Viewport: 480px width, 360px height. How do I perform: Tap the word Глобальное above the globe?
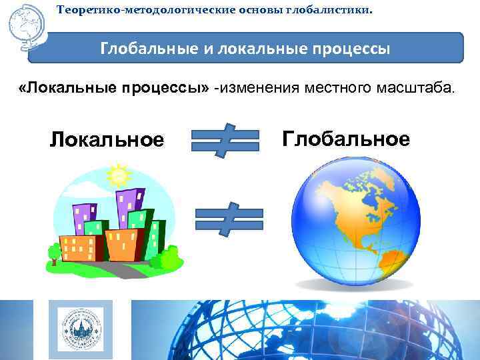coord(345,139)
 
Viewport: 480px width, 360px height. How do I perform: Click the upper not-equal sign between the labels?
coord(225,140)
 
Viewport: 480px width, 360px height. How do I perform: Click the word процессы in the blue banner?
coord(350,49)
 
